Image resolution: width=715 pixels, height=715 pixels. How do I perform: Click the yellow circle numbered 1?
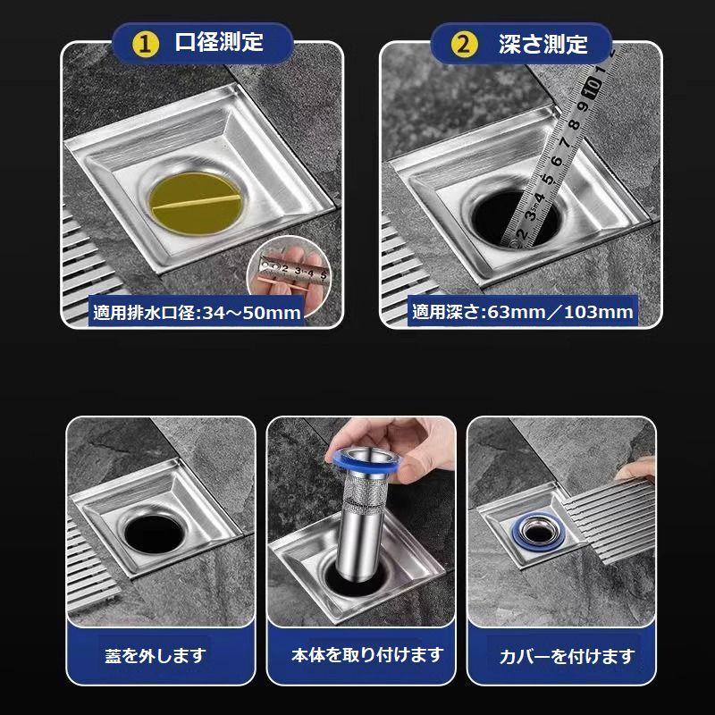point(145,45)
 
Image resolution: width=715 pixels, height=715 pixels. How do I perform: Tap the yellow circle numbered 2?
point(463,45)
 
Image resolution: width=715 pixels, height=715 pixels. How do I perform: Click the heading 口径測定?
point(219,42)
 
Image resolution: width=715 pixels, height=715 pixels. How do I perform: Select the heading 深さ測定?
point(543,44)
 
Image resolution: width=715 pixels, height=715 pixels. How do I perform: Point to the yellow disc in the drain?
point(195,204)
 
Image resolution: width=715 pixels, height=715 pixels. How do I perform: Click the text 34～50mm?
point(252,313)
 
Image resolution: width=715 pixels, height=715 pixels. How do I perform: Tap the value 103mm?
point(598,312)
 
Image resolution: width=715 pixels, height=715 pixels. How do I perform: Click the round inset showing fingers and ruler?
point(289,272)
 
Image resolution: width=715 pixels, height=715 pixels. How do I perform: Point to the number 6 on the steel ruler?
point(556,161)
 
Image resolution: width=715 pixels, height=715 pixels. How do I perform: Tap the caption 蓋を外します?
point(156,656)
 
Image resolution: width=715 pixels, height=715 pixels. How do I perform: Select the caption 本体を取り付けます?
point(367,655)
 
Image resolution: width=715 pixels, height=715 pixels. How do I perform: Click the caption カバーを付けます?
point(567,656)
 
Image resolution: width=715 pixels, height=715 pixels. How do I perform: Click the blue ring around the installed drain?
point(539,532)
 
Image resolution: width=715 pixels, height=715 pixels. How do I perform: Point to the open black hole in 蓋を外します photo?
point(154,534)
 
